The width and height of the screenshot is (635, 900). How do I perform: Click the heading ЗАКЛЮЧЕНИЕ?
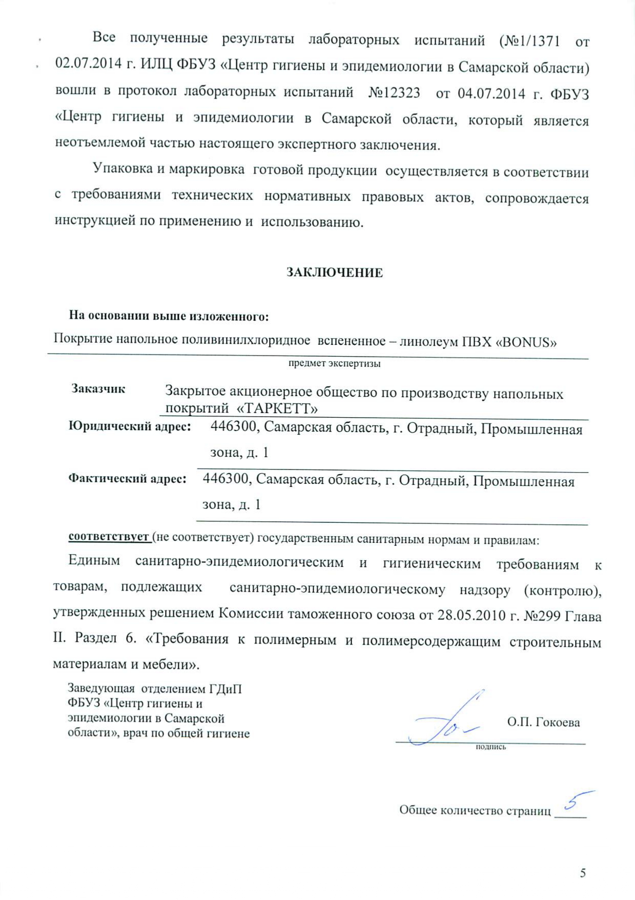point(334,272)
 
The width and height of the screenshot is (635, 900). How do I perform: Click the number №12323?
point(394,93)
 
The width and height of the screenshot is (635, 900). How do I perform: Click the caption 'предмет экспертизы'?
point(334,364)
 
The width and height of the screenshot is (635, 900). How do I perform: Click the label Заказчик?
point(98,388)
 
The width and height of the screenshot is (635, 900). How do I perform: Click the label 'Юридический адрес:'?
point(130,426)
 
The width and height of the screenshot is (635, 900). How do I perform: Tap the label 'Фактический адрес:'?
point(127,479)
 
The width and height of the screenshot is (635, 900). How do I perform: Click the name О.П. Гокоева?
point(543,722)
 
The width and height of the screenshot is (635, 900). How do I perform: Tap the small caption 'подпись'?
point(491,747)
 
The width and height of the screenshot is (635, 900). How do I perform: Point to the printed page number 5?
point(583,873)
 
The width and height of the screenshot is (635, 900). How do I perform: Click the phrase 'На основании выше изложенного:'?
point(169,316)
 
